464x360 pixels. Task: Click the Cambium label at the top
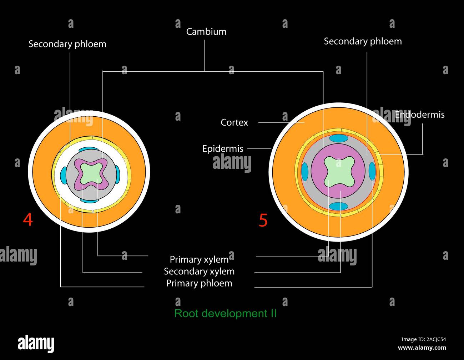point(206,32)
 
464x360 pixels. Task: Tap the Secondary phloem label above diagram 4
point(67,44)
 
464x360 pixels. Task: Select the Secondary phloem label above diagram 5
point(363,41)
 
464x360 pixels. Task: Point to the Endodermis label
point(420,115)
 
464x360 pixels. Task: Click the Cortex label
point(234,122)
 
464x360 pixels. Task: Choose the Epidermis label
point(223,148)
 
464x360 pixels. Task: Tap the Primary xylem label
point(199,259)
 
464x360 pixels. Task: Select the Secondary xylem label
point(199,271)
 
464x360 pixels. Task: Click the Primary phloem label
point(199,283)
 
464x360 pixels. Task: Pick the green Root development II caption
point(225,314)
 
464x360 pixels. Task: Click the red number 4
point(28,220)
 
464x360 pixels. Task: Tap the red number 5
point(263,221)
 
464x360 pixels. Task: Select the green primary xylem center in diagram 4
point(91,174)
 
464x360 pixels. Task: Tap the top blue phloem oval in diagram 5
point(338,138)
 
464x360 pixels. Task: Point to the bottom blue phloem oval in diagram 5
point(338,206)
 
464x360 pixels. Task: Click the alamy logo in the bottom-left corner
point(36,344)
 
